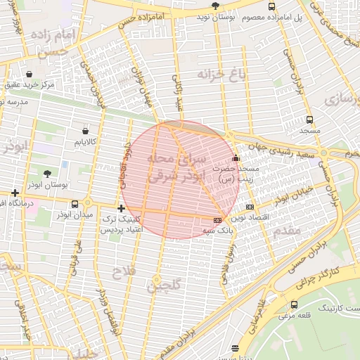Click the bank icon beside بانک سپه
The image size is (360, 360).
(x=217, y=220)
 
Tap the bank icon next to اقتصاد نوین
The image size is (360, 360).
(x=250, y=207)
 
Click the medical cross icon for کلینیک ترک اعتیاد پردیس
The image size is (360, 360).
(x=122, y=208)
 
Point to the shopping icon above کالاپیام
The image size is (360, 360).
(x=86, y=131)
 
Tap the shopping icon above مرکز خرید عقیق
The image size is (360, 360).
(x=29, y=74)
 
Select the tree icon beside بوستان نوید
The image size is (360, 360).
(x=214, y=5)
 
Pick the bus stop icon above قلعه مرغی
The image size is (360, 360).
(x=294, y=304)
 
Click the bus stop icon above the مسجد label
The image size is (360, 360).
(x=309, y=120)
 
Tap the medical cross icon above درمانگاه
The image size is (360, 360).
(x=15, y=193)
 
